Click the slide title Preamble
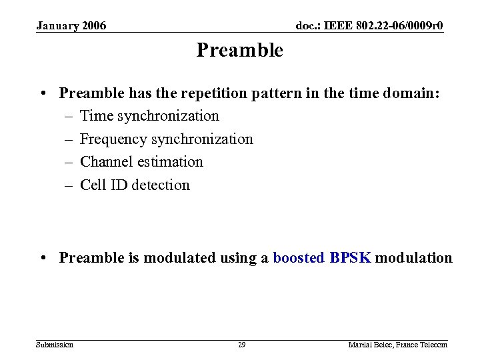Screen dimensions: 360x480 pos(239,51)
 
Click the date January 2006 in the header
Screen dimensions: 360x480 pos(71,26)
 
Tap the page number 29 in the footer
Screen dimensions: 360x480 pos(241,345)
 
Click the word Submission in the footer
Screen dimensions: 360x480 pos(55,345)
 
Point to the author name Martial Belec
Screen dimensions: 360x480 pos(369,345)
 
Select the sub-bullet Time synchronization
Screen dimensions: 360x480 pos(149,116)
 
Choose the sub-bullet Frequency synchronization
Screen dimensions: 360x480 pos(166,139)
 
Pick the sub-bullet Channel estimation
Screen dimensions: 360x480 pos(141,162)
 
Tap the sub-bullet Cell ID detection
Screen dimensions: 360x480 pos(135,185)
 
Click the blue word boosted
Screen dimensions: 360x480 pos(299,258)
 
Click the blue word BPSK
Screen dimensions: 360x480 pos(350,258)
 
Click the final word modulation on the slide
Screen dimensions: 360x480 pos(413,258)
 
